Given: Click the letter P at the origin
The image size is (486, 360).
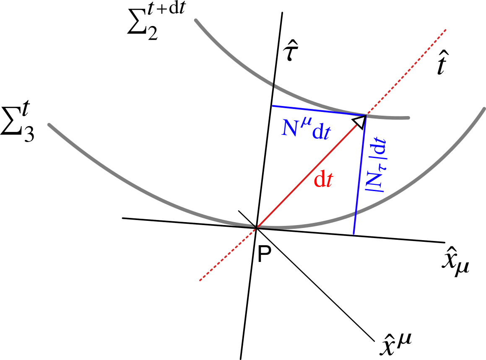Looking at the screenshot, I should (263, 254).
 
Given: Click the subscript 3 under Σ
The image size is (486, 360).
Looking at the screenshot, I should (29, 135).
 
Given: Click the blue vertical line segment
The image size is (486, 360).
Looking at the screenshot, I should (360, 176).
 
